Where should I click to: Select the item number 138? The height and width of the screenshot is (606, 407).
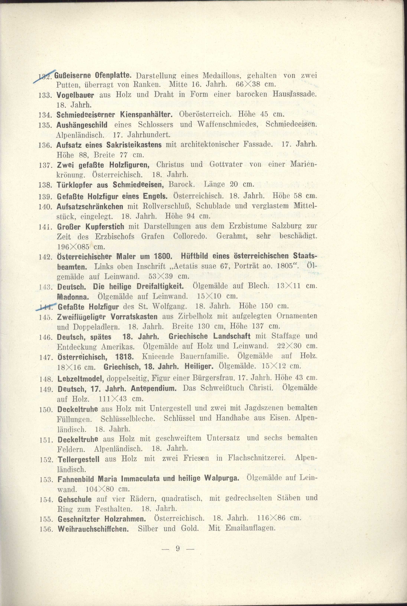(46, 185)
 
